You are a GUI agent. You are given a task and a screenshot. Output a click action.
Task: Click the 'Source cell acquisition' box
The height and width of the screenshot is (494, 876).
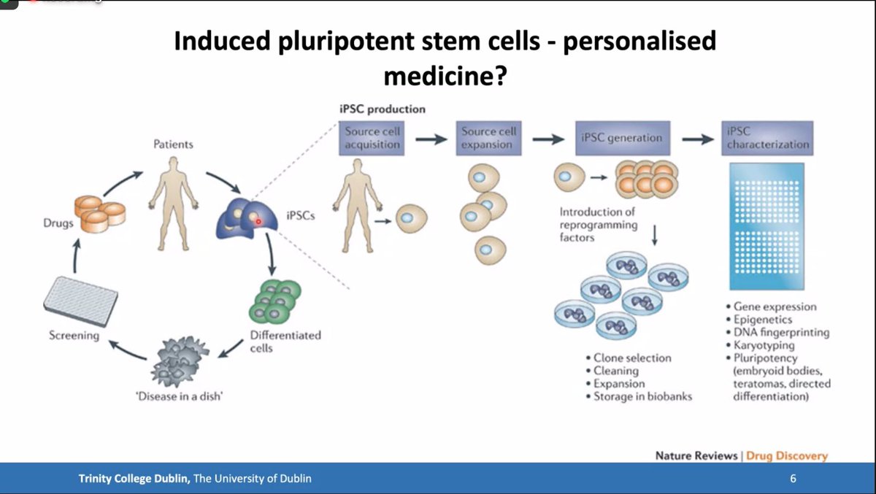tap(372, 138)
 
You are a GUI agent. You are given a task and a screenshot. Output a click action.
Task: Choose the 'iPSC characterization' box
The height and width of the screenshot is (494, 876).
tap(766, 138)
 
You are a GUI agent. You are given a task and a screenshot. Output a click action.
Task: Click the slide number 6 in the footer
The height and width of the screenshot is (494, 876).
tap(793, 479)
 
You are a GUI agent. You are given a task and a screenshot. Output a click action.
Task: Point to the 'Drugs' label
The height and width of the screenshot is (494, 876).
tap(58, 223)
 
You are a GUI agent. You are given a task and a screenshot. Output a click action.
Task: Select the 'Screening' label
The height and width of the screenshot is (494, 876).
tap(74, 336)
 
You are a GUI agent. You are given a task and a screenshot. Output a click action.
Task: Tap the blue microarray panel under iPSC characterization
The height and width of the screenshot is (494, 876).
tap(766, 226)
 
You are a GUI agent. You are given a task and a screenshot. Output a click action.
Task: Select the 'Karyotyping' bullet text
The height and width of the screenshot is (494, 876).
tap(764, 345)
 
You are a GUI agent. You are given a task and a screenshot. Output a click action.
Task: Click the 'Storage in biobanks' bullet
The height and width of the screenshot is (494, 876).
tap(642, 396)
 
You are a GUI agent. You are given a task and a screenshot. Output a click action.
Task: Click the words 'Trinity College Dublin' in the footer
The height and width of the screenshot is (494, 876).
tap(134, 479)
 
